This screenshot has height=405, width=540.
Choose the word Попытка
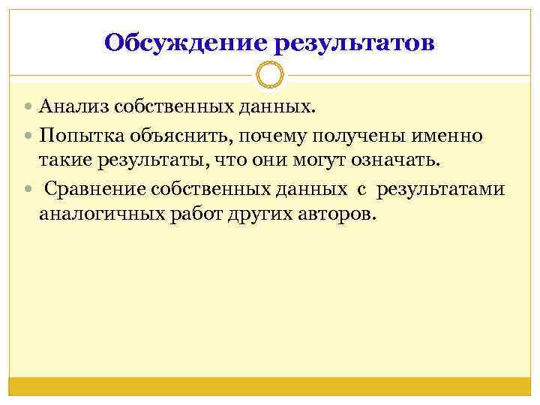(77, 136)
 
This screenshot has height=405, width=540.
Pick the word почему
(266, 136)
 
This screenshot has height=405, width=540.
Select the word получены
(358, 136)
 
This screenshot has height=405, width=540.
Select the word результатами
(441, 188)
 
